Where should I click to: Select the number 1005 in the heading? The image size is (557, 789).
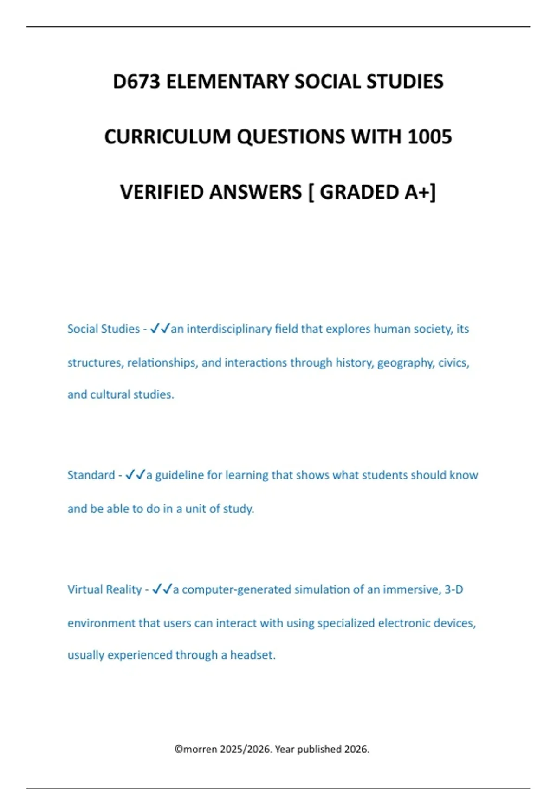pyautogui.click(x=430, y=137)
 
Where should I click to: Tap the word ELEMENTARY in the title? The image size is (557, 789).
pyautogui.click(x=228, y=82)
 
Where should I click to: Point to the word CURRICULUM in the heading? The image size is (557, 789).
pyautogui.click(x=168, y=137)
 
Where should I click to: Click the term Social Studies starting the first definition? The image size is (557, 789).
pyautogui.click(x=104, y=329)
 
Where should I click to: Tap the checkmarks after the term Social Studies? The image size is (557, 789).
pyautogui.click(x=160, y=329)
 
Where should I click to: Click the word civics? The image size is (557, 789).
pyautogui.click(x=453, y=362)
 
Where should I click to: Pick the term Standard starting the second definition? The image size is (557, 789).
pyautogui.click(x=91, y=475)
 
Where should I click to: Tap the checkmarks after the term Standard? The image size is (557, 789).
pyautogui.click(x=135, y=475)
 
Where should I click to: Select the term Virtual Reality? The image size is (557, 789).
pyautogui.click(x=104, y=589)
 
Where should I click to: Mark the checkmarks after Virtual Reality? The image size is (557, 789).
pyautogui.click(x=162, y=589)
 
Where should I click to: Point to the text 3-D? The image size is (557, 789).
pyautogui.click(x=453, y=589)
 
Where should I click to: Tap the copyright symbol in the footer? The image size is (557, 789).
pyautogui.click(x=178, y=749)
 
